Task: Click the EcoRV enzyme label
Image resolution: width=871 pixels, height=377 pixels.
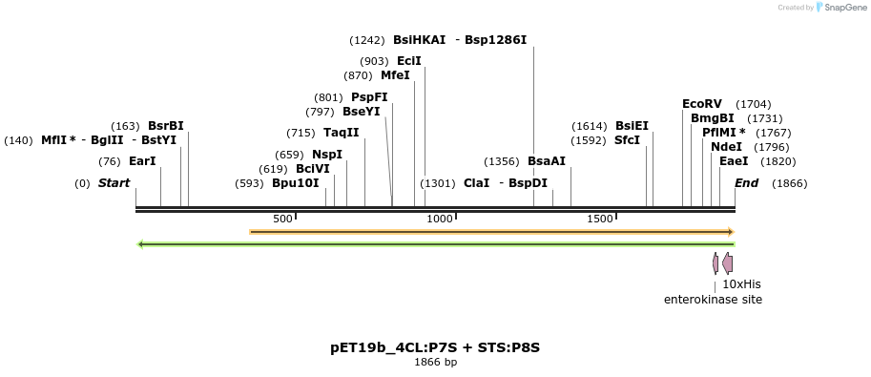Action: click(x=702, y=104)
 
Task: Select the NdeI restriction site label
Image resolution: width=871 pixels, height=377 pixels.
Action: click(x=726, y=147)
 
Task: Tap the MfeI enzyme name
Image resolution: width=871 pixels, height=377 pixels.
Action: click(x=395, y=75)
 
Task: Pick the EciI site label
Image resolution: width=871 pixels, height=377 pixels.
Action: click(x=409, y=61)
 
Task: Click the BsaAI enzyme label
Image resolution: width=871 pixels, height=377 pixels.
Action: click(x=547, y=161)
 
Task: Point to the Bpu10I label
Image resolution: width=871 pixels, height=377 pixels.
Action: click(x=296, y=183)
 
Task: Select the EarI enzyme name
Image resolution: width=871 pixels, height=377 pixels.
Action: click(x=142, y=161)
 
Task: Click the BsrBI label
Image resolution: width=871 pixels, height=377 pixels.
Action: click(x=166, y=126)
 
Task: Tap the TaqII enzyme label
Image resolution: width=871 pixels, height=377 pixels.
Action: click(x=342, y=133)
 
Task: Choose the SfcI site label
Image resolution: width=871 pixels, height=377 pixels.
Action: click(x=627, y=140)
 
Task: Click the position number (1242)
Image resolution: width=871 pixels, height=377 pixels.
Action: click(x=367, y=40)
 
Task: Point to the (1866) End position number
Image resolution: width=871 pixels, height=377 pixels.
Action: click(x=789, y=183)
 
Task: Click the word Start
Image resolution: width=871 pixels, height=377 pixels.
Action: click(x=114, y=183)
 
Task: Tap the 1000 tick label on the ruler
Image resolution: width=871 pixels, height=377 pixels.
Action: click(x=440, y=220)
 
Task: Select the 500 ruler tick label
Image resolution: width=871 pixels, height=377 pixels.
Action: click(x=282, y=220)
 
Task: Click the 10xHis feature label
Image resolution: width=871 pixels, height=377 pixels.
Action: click(x=741, y=284)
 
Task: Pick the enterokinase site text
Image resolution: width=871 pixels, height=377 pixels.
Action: click(x=713, y=300)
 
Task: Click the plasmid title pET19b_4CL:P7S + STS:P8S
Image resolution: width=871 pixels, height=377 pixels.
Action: click(x=435, y=347)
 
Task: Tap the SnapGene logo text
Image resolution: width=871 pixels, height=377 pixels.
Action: click(x=843, y=8)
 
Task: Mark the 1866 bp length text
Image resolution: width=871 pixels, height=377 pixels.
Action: click(x=435, y=363)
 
